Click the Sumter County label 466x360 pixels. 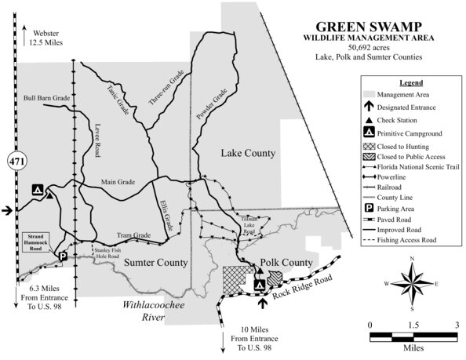(x=155, y=262)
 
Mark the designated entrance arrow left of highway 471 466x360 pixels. (x=7, y=209)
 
